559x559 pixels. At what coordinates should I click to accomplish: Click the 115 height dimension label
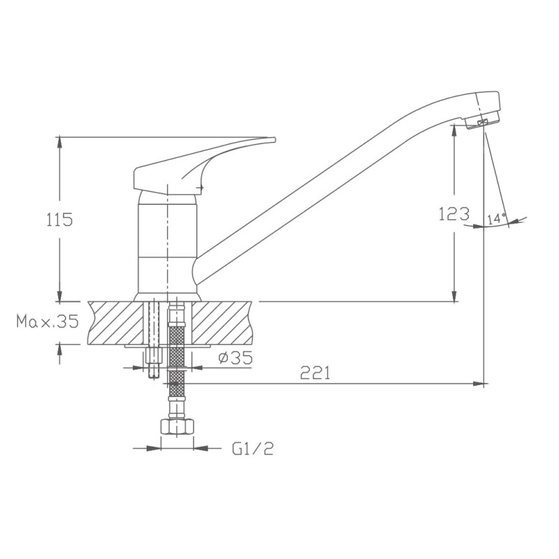tap(59, 219)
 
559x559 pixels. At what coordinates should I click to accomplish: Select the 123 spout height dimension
tap(453, 214)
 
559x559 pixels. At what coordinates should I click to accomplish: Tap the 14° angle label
tap(497, 219)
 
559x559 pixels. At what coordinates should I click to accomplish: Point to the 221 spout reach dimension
tap(316, 372)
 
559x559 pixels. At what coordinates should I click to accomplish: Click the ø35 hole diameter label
tap(235, 358)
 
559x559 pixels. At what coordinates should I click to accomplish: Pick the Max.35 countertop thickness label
tap(48, 321)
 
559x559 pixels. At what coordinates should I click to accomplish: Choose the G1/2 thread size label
tap(253, 449)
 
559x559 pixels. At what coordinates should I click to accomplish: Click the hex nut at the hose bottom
tap(177, 427)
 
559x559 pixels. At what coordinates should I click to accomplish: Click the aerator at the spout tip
tap(483, 124)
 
